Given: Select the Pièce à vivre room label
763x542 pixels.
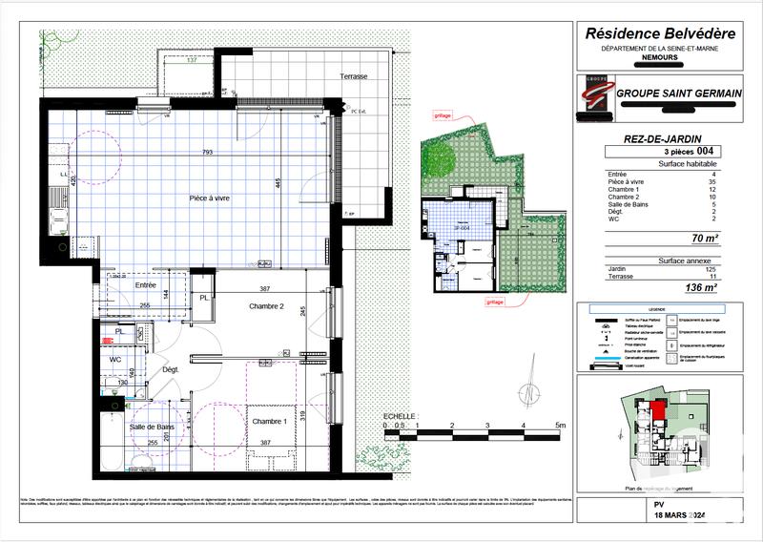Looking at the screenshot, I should [208, 198].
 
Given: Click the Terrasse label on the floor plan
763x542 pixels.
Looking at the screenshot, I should [353, 76].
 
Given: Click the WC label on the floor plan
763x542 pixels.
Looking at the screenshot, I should [114, 360].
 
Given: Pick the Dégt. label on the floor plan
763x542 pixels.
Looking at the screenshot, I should [171, 369].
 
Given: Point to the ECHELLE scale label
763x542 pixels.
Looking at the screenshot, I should [399, 417].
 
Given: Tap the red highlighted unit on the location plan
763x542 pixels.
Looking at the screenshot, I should [658, 413].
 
